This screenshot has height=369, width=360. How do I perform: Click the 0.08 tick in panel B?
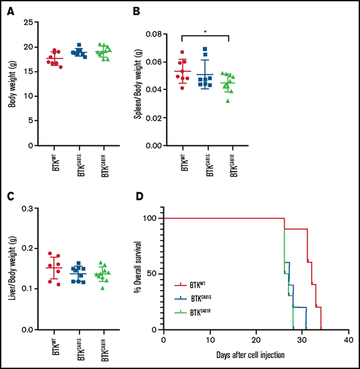(166, 34)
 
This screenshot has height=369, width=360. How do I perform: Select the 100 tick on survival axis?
(151, 218)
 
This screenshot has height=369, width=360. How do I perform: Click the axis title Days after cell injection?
(255, 354)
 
